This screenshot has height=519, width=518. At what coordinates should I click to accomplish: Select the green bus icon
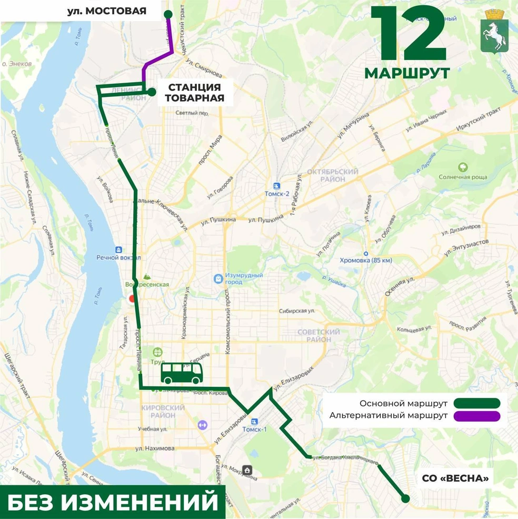pos(182,374)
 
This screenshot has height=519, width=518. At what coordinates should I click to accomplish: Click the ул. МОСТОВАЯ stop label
pos(107,11)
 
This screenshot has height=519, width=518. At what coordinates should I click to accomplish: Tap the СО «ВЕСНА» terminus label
pos(455,478)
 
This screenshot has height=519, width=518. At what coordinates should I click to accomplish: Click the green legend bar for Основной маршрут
pos(476,404)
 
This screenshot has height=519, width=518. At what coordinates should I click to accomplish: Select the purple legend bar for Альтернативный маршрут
pos(476,416)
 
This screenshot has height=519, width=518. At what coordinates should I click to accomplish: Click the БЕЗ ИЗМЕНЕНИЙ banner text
pos(113,502)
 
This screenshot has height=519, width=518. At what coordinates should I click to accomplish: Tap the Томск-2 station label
pos(277,193)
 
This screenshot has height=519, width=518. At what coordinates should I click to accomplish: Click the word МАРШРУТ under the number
pos(407,73)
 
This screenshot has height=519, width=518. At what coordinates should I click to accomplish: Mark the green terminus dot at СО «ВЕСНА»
pos(405,498)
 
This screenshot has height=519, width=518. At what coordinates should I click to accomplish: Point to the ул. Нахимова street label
pos(154,448)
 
